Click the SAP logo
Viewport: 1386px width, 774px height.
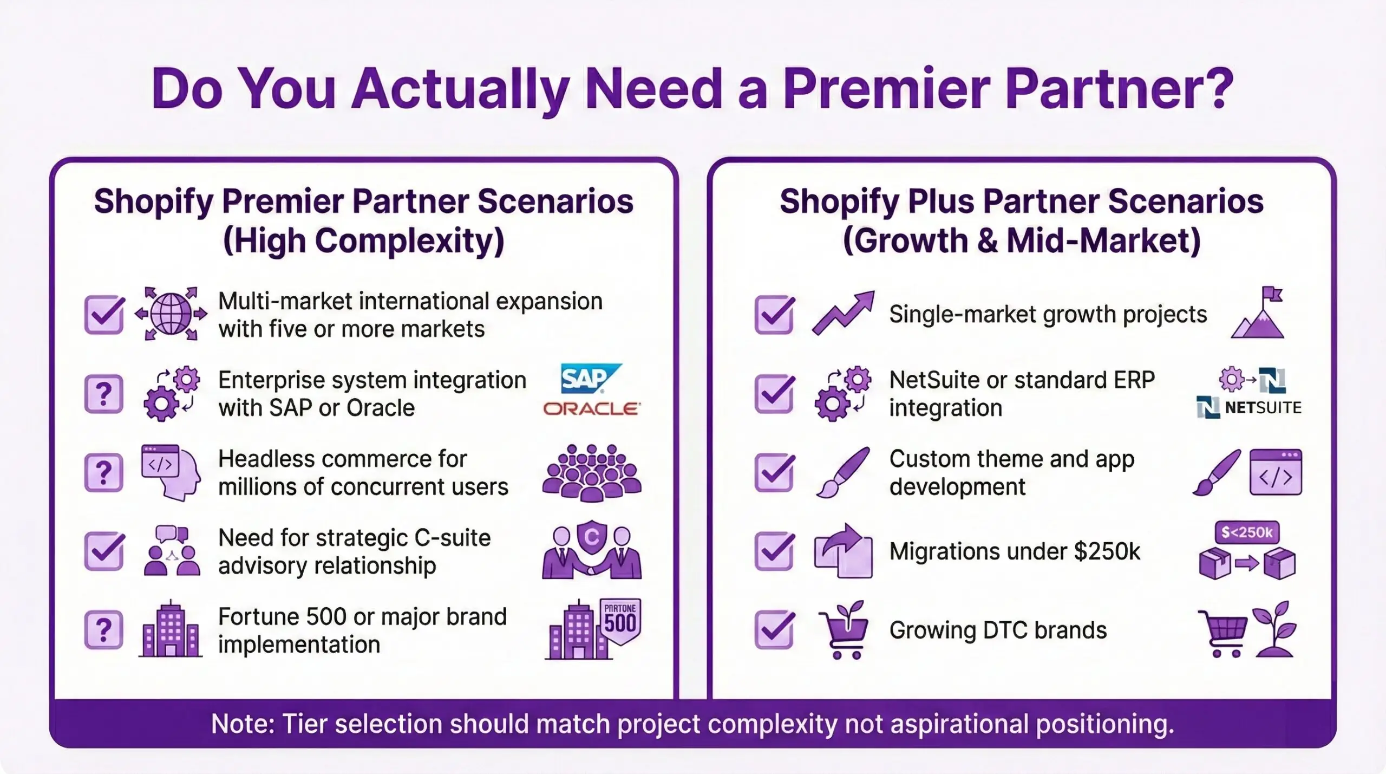[x=590, y=378]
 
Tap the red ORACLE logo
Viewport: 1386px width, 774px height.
[x=592, y=408]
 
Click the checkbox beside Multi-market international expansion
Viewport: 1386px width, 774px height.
[x=104, y=314]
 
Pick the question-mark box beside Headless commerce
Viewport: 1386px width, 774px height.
[x=104, y=472]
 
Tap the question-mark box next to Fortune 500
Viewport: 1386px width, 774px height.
[x=104, y=630]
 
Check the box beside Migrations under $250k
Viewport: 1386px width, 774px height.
[x=774, y=551]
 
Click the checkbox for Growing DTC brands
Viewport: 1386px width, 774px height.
[x=774, y=630]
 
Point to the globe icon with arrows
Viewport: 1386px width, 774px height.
[x=171, y=314]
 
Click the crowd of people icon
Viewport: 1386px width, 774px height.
[x=592, y=472]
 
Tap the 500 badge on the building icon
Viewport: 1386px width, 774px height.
[x=620, y=621]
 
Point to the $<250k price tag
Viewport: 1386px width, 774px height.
[x=1247, y=532]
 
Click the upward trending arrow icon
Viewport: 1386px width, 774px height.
[x=843, y=313]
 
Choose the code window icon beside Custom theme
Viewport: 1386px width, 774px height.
[x=1276, y=472]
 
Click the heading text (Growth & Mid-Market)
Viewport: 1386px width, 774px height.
[x=1021, y=240]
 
